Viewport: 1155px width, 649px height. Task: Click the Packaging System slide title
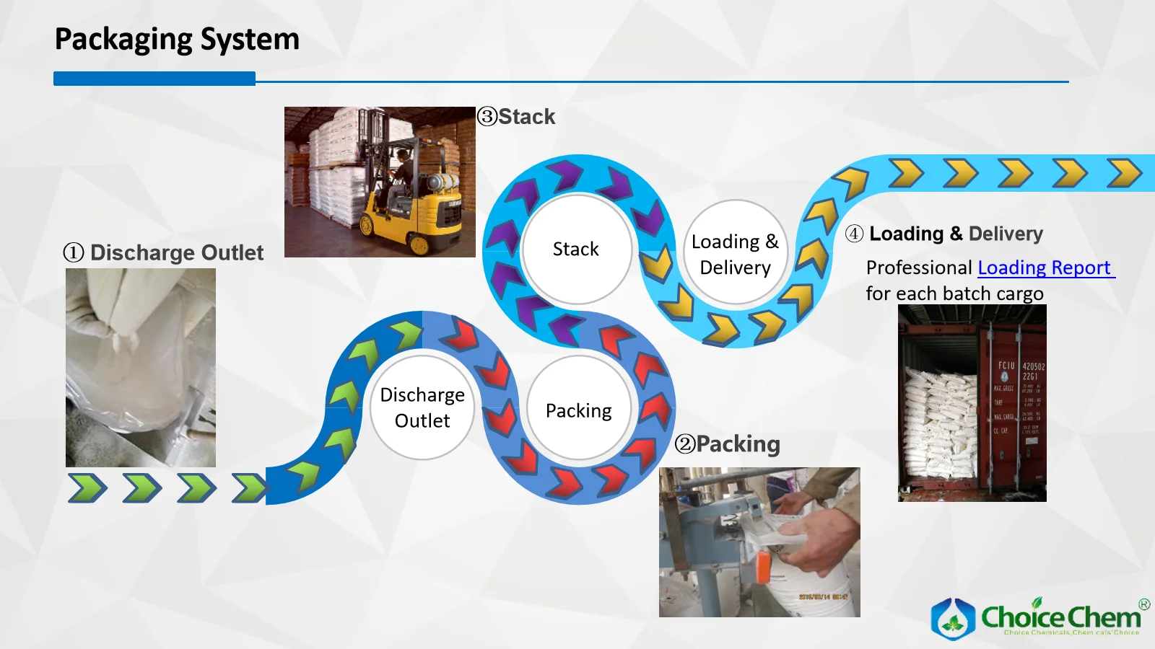[x=177, y=40]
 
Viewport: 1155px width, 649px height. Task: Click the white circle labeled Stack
[x=576, y=249]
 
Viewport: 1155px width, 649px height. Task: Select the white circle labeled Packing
[x=578, y=410]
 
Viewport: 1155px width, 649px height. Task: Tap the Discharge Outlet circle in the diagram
[x=422, y=407]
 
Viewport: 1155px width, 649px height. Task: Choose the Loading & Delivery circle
[x=735, y=254]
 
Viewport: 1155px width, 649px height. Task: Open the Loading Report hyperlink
[x=1044, y=268]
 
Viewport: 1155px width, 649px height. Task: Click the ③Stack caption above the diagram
[x=517, y=117]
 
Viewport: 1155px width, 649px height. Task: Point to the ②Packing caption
[x=728, y=444]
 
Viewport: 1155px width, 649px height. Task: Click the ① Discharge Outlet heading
[x=164, y=253]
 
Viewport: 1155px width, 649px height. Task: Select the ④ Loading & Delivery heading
[x=944, y=234]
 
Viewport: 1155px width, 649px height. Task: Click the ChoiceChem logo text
[x=1060, y=617]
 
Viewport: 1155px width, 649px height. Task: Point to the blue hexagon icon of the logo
[x=953, y=619]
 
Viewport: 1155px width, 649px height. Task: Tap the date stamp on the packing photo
[x=822, y=597]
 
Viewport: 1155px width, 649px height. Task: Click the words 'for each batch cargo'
[x=954, y=293]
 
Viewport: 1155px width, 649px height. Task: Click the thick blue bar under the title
[x=154, y=79]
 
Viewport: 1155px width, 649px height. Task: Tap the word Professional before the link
[x=919, y=268]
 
